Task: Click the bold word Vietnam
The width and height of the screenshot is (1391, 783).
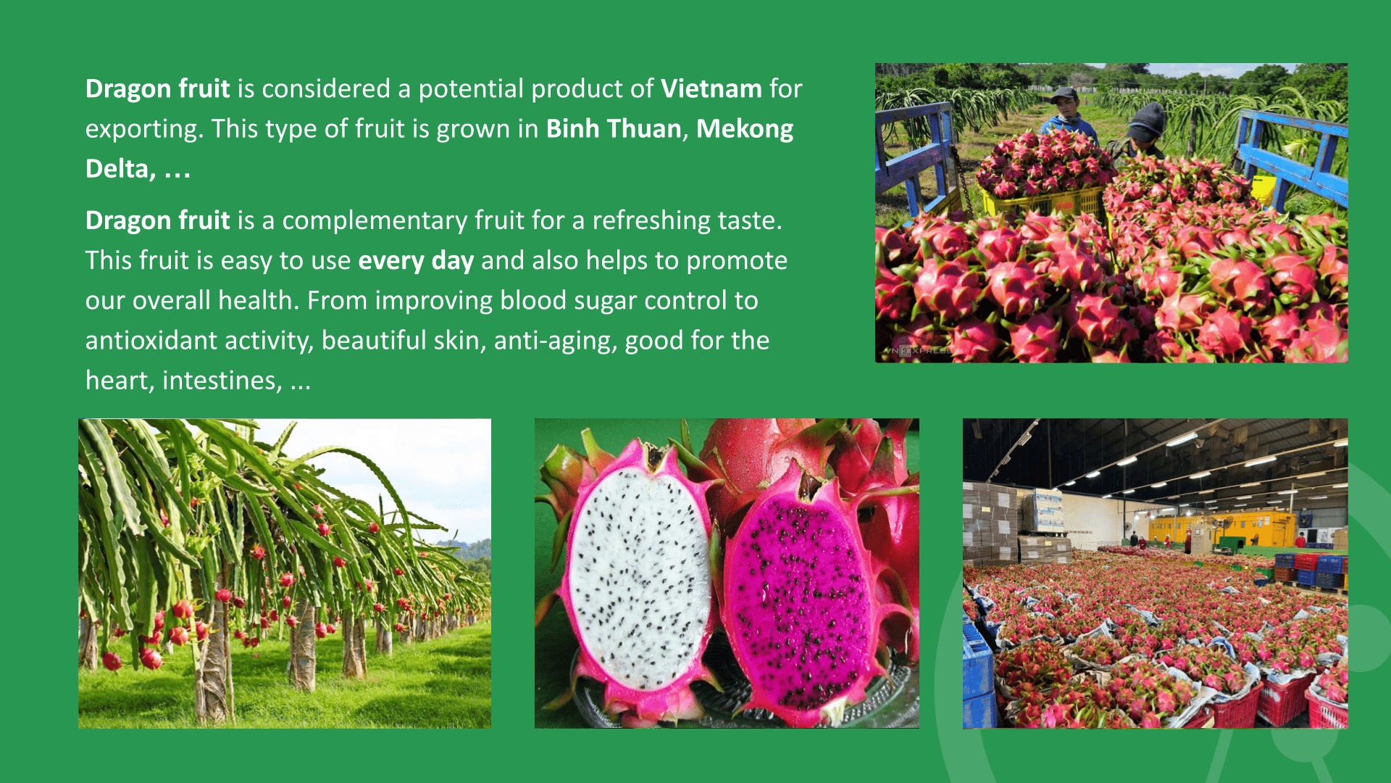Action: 711,88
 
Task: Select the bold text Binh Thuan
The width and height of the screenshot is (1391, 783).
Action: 614,128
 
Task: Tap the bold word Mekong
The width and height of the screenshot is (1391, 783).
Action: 745,129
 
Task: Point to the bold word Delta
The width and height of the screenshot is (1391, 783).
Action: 117,168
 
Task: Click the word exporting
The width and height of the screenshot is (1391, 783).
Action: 145,129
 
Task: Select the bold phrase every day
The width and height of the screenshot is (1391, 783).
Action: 416,260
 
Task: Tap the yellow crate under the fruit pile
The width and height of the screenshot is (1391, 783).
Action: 1043,199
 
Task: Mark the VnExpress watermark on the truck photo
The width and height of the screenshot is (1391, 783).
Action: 916,351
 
